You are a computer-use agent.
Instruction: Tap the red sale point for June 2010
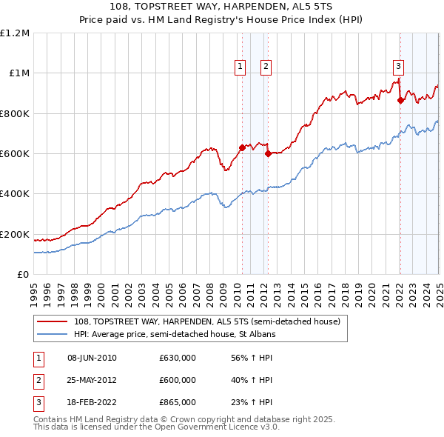click(242, 147)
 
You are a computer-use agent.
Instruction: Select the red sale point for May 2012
click(268, 153)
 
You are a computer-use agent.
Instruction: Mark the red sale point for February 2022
click(400, 100)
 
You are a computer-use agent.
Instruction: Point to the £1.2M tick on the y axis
click(15, 33)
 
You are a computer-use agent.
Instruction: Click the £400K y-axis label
click(14, 194)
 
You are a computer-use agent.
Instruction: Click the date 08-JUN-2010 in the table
click(92, 358)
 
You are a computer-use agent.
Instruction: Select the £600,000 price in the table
click(178, 380)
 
